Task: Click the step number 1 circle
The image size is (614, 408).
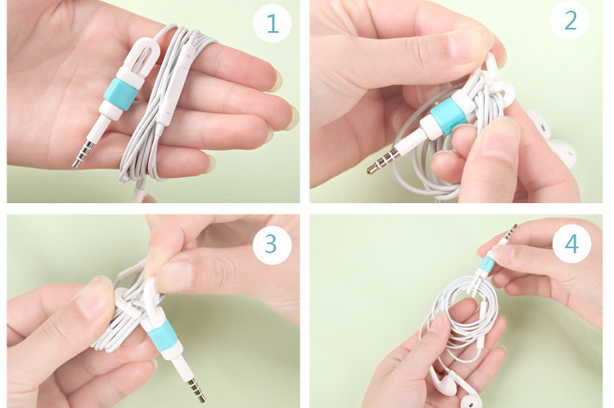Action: point(272,24)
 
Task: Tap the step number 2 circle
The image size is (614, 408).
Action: point(569,20)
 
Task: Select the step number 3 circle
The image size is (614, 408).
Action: point(272,244)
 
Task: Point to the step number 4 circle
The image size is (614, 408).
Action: point(571,244)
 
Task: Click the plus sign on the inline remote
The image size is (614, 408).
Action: point(188,57)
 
